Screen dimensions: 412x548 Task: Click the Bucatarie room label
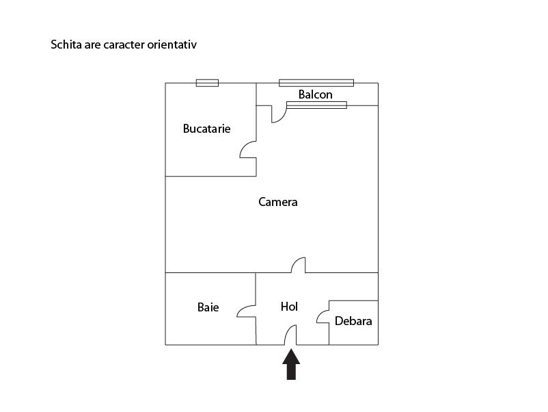(206, 128)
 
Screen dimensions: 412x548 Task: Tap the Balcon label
(315, 94)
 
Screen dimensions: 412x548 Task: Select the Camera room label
(278, 202)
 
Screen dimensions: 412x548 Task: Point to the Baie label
(208, 307)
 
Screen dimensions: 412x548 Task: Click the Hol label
(289, 307)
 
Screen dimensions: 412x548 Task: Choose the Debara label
(353, 320)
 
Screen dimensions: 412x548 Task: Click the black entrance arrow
(291, 364)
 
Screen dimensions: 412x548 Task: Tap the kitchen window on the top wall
(207, 83)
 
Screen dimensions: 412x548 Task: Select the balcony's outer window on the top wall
(316, 83)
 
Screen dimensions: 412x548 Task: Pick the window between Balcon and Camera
(316, 105)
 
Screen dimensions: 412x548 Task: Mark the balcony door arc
(279, 114)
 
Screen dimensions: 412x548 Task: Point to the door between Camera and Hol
(298, 266)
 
